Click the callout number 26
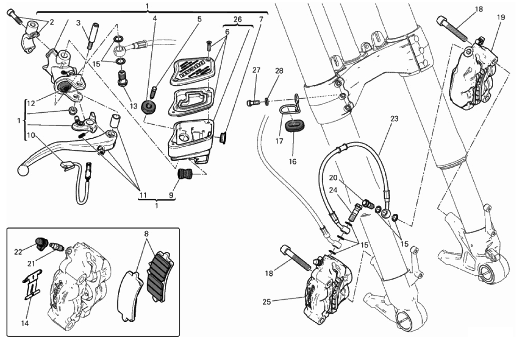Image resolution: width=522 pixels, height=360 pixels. (237, 19)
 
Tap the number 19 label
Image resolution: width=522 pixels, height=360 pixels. (501, 18)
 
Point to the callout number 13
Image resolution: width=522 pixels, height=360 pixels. (134, 106)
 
